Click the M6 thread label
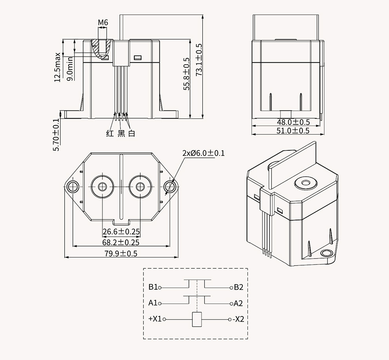point(103,23)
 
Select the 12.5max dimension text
point(58,67)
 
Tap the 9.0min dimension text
point(70,69)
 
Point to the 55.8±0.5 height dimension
point(187,74)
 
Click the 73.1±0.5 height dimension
point(199,60)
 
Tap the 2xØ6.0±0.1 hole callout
point(204,153)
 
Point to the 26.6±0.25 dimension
point(121,232)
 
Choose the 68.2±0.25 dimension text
point(121,242)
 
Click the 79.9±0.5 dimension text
point(121,253)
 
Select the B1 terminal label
point(153,287)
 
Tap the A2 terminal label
point(239,303)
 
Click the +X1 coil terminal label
point(155,319)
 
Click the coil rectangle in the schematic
point(196,320)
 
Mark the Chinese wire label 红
point(110,134)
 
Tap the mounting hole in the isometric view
point(326,253)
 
